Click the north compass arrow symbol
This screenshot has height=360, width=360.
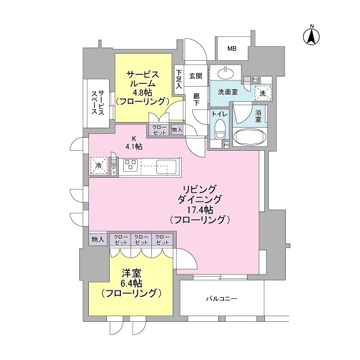pyautogui.click(x=312, y=38)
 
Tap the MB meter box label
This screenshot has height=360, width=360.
pyautogui.click(x=232, y=49)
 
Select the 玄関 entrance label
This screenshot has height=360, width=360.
pyautogui.click(x=196, y=76)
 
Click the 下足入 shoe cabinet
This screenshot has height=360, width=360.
pyautogui.click(x=179, y=79)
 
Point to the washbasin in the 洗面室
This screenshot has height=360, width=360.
pyautogui.click(x=226, y=74)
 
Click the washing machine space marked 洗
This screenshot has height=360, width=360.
pyautogui.click(x=264, y=93)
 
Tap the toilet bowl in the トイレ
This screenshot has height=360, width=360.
pyautogui.click(x=220, y=129)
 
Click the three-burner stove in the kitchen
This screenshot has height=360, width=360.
pyautogui.click(x=130, y=165)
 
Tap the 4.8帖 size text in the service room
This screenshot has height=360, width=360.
pyautogui.click(x=143, y=92)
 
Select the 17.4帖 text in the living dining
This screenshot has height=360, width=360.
pyautogui.click(x=200, y=210)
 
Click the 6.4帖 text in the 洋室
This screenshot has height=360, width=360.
pyautogui.click(x=131, y=283)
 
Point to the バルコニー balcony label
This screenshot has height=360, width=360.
pyautogui.click(x=221, y=299)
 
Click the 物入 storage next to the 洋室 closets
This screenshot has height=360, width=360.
pyautogui.click(x=98, y=240)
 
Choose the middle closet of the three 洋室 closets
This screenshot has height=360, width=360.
pyautogui.click(x=141, y=240)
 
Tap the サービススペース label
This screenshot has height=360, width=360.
pyautogui.click(x=98, y=102)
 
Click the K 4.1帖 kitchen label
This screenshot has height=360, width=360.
pyautogui.click(x=134, y=142)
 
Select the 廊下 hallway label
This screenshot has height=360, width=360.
pyautogui.click(x=196, y=100)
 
